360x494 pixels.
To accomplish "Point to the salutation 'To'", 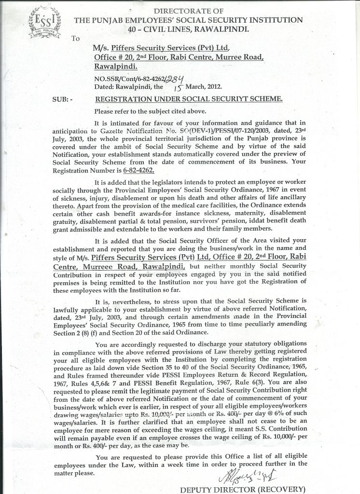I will (x=75, y=39).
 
